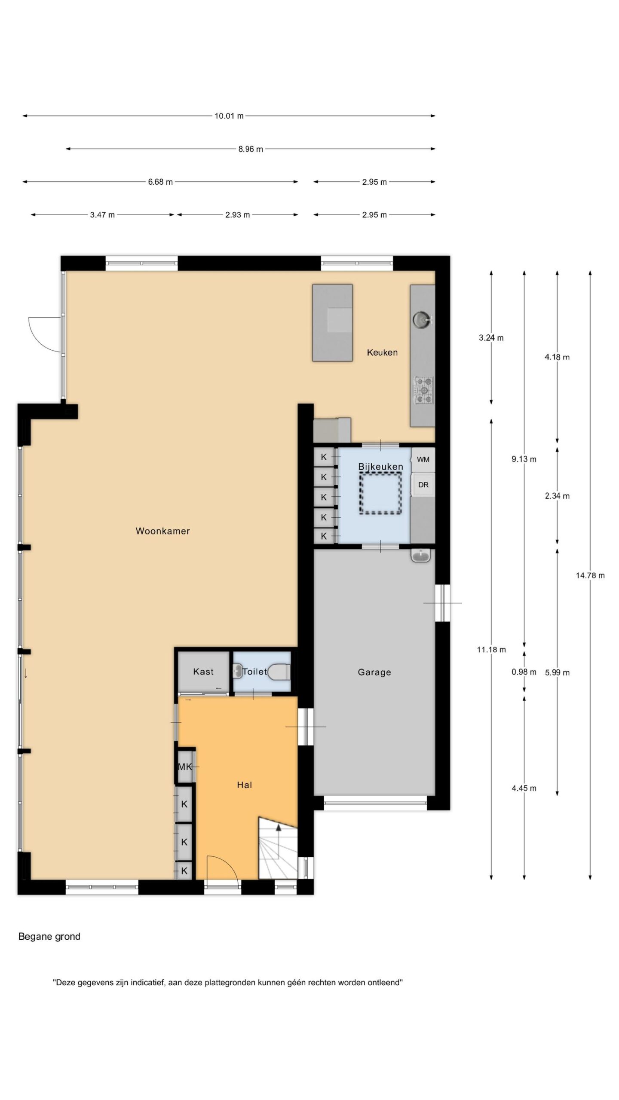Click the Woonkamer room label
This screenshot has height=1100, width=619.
(x=162, y=531)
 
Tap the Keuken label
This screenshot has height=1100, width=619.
(x=382, y=352)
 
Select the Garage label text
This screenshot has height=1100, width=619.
(x=374, y=672)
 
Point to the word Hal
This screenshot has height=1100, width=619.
(x=245, y=785)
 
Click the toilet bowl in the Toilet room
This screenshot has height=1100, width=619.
(x=279, y=671)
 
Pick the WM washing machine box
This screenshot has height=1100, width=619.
(x=423, y=460)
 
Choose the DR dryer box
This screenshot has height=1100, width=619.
(x=423, y=485)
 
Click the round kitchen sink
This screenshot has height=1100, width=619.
(x=421, y=319)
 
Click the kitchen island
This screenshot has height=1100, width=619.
(x=332, y=322)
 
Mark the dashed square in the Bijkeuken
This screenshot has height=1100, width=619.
(x=381, y=493)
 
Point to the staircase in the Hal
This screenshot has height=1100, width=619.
(x=278, y=847)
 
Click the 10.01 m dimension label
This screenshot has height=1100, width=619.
(x=229, y=116)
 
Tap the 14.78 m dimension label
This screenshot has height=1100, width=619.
(x=590, y=575)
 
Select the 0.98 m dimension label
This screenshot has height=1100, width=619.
(x=524, y=672)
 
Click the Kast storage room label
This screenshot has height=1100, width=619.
(x=203, y=671)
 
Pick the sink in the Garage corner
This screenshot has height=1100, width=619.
(x=421, y=556)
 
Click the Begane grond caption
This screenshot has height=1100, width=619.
(x=49, y=937)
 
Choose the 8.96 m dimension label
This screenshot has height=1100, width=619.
(x=251, y=149)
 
